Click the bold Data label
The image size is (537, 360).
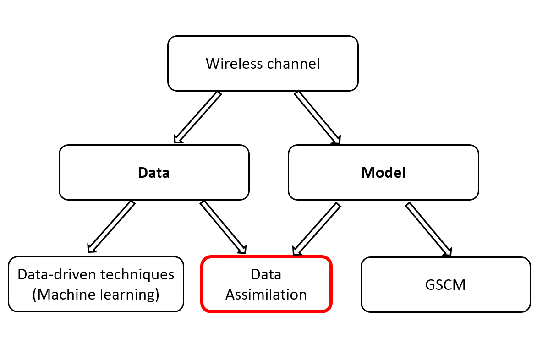[x=154, y=173]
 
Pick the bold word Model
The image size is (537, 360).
[x=384, y=173]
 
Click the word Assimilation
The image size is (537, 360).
[x=266, y=295]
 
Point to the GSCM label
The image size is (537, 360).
[x=445, y=285]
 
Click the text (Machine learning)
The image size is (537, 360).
[x=96, y=295]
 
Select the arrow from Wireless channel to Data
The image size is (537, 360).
[x=197, y=117]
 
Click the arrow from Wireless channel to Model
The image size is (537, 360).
[x=318, y=117]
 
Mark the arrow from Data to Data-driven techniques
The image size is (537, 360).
[x=111, y=226]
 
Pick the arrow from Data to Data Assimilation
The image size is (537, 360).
[x=223, y=227]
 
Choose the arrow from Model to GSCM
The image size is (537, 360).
[x=428, y=229]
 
